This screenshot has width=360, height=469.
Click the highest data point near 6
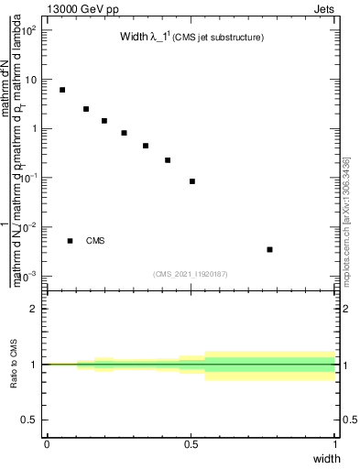(62, 90)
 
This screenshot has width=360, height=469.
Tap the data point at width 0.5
(192, 181)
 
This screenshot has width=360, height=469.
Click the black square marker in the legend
(71, 241)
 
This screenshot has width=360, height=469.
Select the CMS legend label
(96, 241)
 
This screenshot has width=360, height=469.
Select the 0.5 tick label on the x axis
(191, 444)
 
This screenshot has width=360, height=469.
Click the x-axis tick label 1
(335, 444)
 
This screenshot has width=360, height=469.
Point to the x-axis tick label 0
(46, 444)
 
